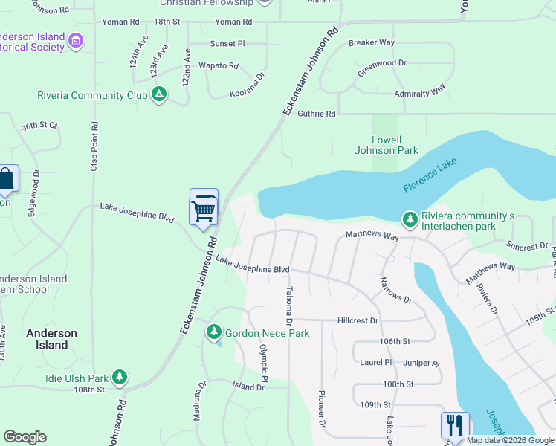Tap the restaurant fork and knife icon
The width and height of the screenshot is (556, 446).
click(x=455, y=426)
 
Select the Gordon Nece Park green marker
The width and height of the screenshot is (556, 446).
click(x=214, y=331)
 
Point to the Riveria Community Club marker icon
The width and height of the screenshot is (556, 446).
click(x=158, y=94)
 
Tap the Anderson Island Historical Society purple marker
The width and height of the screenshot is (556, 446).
click(x=76, y=41)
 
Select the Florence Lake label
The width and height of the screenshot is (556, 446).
click(x=429, y=175)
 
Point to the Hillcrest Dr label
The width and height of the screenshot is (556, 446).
click(x=358, y=320)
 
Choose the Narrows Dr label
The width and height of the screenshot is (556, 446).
click(x=395, y=290)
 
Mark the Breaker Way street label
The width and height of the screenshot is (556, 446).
click(x=372, y=42)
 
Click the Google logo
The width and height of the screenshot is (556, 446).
click(x=25, y=437)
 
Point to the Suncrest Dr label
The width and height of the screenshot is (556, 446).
click(x=526, y=246)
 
